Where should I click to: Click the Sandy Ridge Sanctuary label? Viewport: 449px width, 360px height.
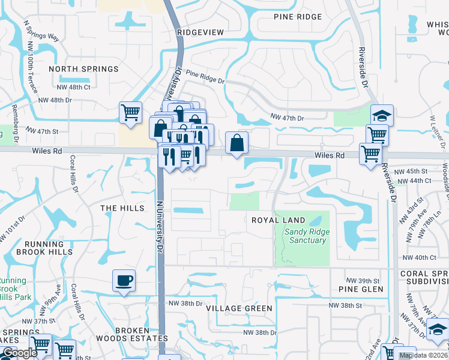tap(306, 236)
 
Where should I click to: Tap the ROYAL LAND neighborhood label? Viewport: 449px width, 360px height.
tap(278, 220)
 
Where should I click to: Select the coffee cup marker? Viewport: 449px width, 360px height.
tap(124, 281)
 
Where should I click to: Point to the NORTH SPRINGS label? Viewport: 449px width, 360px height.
tap(80, 68)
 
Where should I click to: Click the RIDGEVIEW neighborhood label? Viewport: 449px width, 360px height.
tap(200, 32)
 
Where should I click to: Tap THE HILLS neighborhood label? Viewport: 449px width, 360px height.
tap(122, 208)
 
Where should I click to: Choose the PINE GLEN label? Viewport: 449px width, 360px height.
tap(360, 289)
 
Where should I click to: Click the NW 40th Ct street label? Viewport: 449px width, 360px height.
tap(419, 257)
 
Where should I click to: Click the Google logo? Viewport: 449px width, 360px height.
tap(20, 353)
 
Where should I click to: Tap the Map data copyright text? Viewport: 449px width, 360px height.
tap(423, 355)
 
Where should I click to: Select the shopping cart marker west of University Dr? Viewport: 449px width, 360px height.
tap(130, 112)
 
